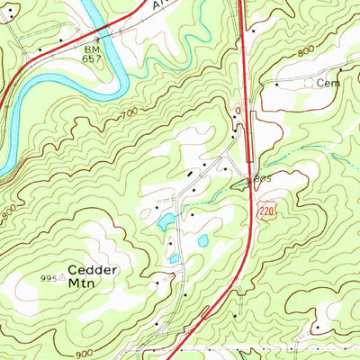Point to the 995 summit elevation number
coord(51,279)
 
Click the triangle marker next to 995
coord(65,279)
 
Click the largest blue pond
coord(166,221)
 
